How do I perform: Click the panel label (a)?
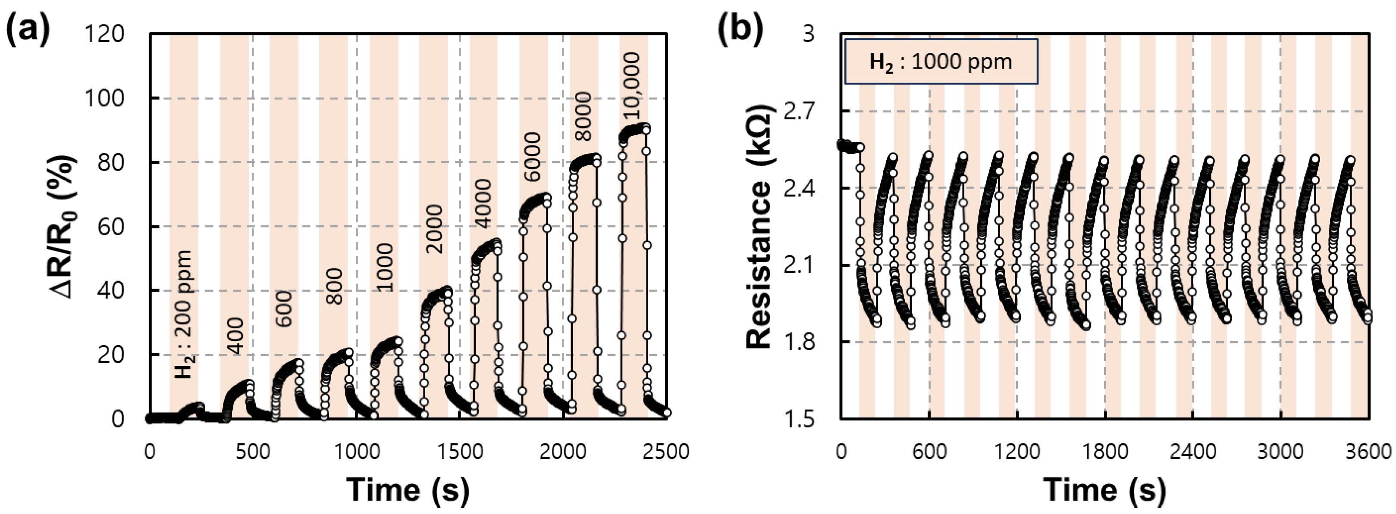pos(27,30)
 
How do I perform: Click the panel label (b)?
pos(739,30)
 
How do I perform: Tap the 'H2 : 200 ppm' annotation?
pos(184,314)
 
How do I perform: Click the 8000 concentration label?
pos(583,116)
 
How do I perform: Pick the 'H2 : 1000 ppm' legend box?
pos(940,61)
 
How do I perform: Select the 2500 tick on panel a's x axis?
pos(665,451)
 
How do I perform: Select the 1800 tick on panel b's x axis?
pos(1104,451)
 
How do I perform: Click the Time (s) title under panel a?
pos(408,489)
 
